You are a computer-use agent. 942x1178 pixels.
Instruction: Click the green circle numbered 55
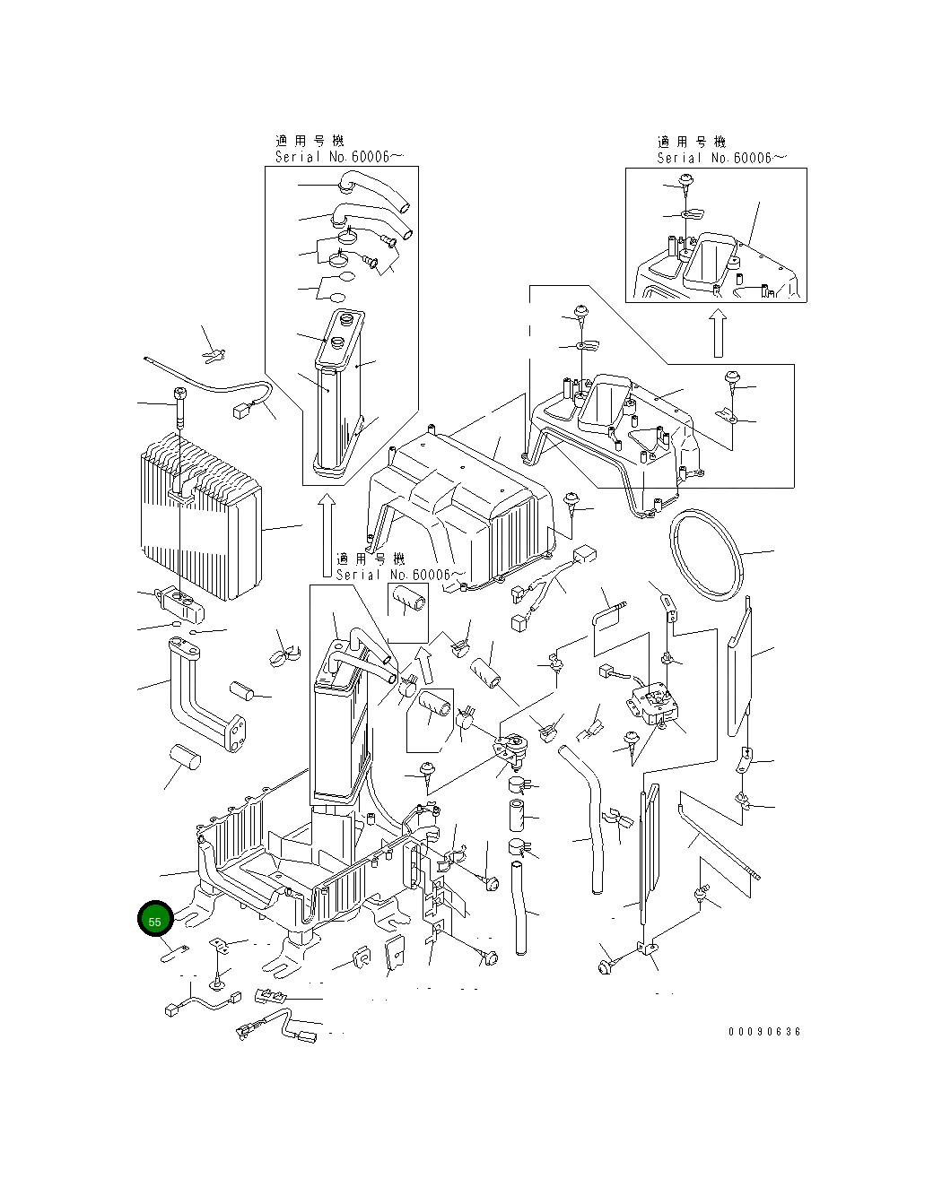[x=154, y=920]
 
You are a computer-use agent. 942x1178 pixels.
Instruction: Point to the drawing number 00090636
[x=764, y=1032]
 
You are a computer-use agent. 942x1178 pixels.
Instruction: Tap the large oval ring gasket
[x=707, y=556]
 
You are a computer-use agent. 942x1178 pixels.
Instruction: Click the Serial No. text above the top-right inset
[x=722, y=158]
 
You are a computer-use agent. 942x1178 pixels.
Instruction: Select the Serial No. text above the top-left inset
[x=339, y=157]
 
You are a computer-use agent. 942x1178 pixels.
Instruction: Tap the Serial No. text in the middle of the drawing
[x=400, y=575]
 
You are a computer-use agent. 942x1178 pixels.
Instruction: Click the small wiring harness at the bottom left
[x=203, y=1001]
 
